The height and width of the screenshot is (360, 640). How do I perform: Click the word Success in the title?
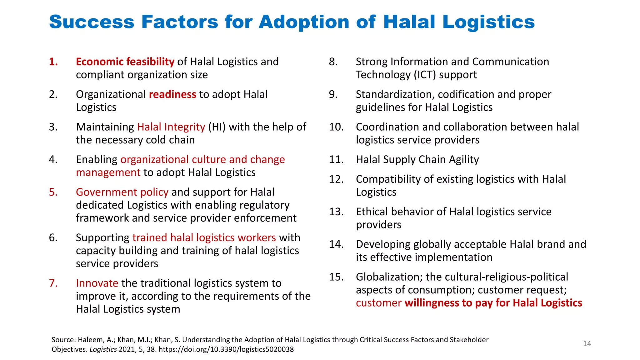pos(92,22)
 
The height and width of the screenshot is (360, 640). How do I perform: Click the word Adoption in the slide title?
pos(304,22)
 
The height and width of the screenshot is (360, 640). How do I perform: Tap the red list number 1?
pos(53,62)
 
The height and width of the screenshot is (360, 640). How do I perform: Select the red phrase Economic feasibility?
pos(125,62)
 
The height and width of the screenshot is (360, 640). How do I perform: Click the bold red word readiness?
pos(172,94)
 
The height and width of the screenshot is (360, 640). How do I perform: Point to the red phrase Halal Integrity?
pos(171,127)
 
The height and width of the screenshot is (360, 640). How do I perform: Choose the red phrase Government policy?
pos(122,192)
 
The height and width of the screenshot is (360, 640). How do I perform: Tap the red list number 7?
pos(53,283)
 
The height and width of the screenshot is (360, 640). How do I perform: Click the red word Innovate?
pos(97,283)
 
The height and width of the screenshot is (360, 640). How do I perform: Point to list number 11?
pos(336,160)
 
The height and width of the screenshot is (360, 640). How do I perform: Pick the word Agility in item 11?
pos(464,160)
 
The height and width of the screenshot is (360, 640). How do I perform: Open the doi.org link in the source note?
pos(226,349)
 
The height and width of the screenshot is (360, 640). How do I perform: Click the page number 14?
pos(587,344)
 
